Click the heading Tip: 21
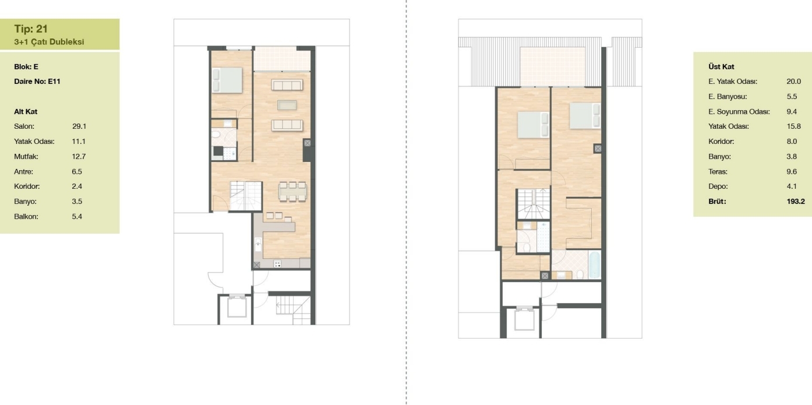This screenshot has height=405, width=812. point(31,29)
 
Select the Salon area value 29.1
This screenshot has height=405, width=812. point(79,126)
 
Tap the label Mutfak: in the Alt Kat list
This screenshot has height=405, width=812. point(26,157)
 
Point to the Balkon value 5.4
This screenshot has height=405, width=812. point(77,216)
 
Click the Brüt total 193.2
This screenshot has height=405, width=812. point(796,201)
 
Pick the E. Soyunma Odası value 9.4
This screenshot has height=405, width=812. point(792,111)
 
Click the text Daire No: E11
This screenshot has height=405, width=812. point(37,81)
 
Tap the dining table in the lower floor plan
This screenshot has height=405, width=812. point(292,191)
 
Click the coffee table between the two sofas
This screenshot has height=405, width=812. point(287,105)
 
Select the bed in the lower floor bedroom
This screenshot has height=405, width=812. point(227,80)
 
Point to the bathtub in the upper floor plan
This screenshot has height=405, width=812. point(595,265)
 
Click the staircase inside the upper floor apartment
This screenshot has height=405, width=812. point(533,204)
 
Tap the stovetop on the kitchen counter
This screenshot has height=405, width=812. point(277,263)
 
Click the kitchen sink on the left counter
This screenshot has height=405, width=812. point(258,244)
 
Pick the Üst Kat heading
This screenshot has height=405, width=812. point(721,66)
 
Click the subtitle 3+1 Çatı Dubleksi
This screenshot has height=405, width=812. point(50,42)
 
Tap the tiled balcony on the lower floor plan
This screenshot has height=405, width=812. point(282,59)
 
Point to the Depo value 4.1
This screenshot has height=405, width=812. point(792,186)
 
